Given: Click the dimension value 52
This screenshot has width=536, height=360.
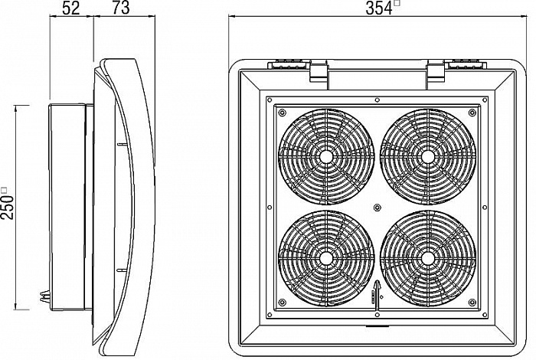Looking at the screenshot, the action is pos(71,8).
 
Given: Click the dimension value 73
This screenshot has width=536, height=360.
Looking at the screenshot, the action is pos(121,8).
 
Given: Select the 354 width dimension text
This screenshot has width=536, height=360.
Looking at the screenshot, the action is pos(379,8).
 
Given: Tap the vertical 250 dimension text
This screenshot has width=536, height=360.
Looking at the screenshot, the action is pos(8,207).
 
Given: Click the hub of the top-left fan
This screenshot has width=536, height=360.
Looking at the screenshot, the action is pos(326,156).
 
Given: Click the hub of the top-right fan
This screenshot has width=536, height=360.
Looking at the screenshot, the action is pos(427,156).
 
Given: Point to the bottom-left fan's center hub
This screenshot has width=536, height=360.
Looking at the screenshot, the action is pos(326,258).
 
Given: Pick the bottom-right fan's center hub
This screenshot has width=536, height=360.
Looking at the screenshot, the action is pos(427,258).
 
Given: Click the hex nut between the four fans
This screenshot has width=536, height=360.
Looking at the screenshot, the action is pos(377,207).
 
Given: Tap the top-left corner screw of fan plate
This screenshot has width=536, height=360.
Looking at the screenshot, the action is pos(282,113).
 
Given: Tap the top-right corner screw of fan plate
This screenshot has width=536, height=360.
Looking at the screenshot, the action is pos(472,113).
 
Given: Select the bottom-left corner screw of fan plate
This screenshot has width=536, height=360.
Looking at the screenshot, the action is pos(282,303).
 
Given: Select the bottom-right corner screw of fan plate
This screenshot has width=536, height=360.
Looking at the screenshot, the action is pos(472,303).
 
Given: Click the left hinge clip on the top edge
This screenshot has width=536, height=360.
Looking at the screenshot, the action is pos(319,71).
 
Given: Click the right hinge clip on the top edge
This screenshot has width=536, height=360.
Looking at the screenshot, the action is pos(436,71).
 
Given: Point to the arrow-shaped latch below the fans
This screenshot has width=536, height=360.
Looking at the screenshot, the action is pos(377,296).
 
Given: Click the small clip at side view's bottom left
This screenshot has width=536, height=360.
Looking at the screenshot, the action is pos(44,296).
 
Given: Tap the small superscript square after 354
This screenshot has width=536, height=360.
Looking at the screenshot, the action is pos(397,3).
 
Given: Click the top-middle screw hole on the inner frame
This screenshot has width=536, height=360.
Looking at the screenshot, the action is pos(377,100).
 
